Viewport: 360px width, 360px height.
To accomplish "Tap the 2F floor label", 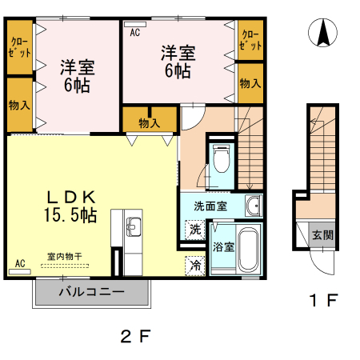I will (137, 336).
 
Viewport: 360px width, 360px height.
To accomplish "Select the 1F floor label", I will (325, 302).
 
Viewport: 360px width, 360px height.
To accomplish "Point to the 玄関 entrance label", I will (323, 235).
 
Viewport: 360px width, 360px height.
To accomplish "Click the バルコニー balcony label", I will (91, 292).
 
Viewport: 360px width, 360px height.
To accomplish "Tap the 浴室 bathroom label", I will (223, 247).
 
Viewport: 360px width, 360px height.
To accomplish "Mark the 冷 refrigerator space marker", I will (195, 265).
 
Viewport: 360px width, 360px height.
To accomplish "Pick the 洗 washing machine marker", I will (195, 228).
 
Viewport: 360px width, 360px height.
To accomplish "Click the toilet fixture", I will (220, 160).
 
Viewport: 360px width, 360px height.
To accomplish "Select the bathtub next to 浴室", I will (249, 249).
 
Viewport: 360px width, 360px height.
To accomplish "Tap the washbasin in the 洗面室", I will (253, 206).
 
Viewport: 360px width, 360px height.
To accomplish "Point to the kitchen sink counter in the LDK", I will (132, 232).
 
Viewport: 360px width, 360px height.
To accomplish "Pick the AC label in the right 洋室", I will (134, 33).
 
